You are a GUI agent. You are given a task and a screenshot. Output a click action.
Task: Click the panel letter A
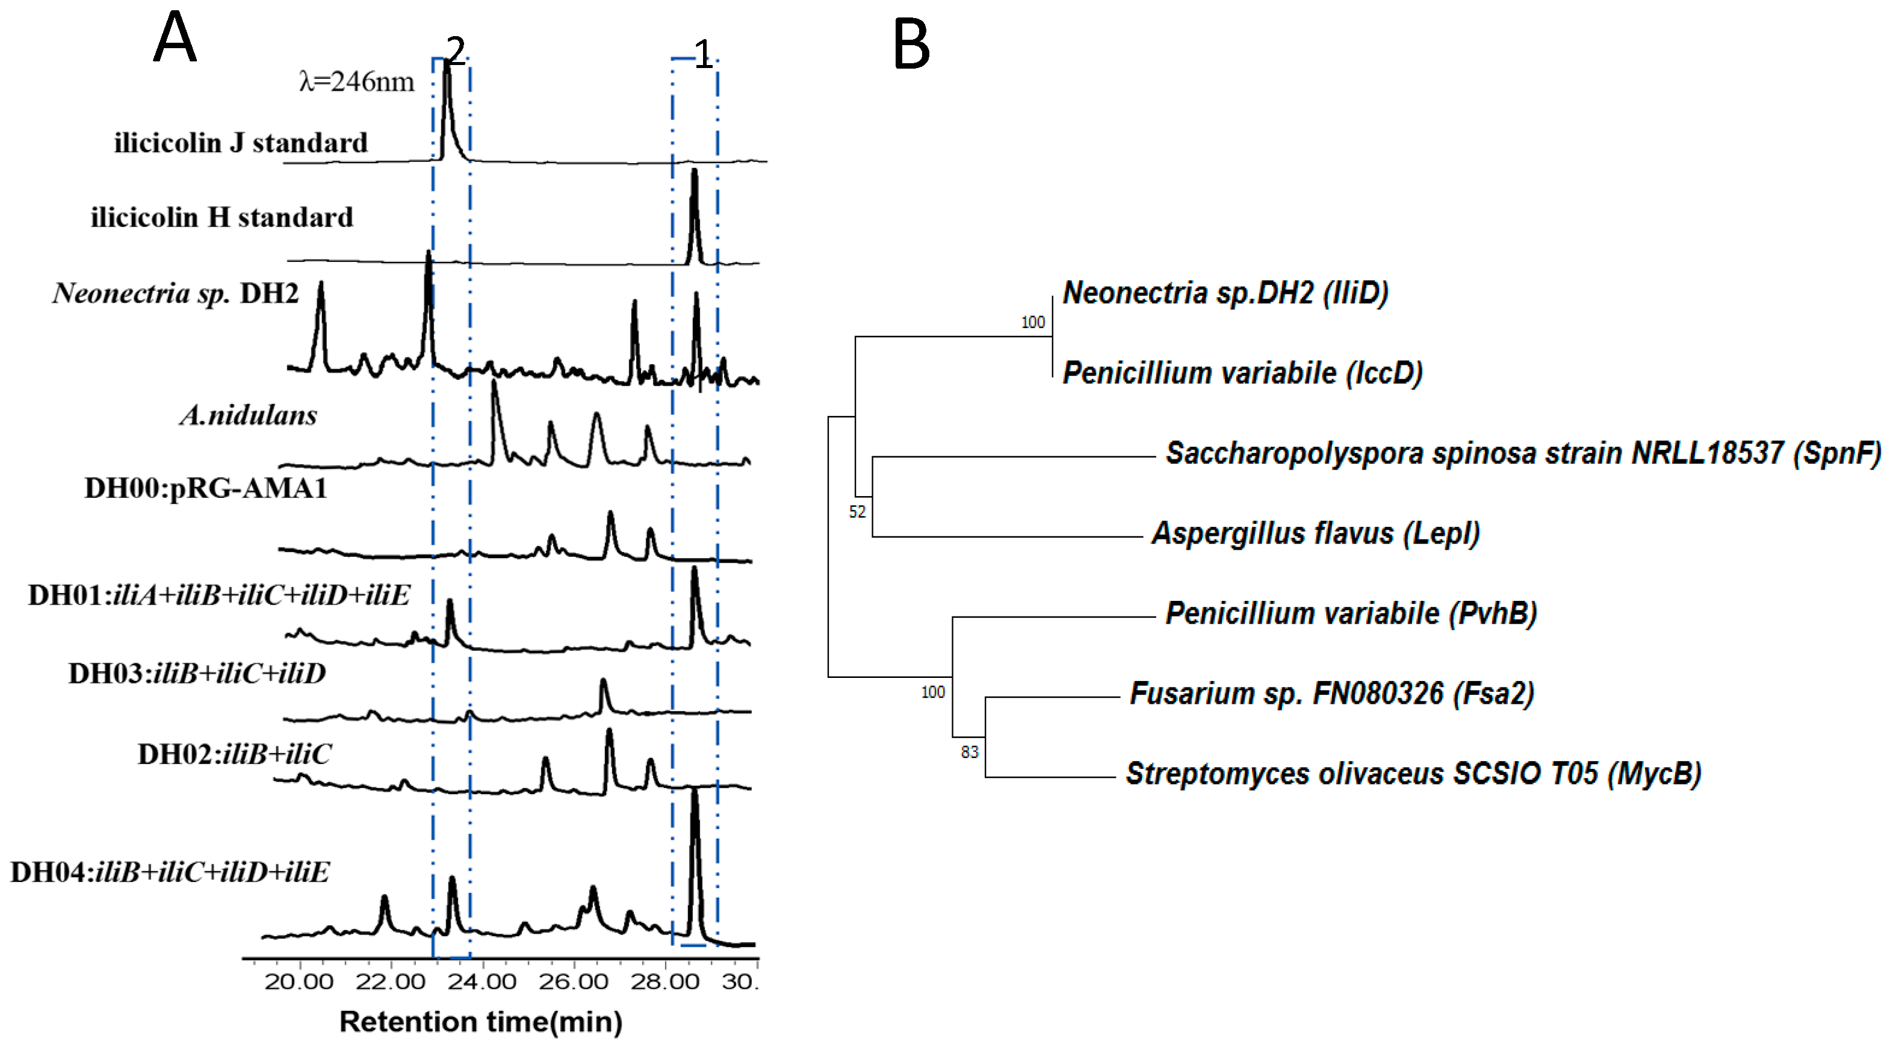point(175,38)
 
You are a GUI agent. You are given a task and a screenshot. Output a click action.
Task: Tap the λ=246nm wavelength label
point(357,81)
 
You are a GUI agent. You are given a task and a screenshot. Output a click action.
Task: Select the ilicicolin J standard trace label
point(240,143)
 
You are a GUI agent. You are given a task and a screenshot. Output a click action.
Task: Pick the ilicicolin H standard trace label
point(222,217)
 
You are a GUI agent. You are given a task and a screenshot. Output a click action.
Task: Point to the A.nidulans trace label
point(249,415)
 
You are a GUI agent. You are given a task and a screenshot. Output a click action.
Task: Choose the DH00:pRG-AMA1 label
point(206,488)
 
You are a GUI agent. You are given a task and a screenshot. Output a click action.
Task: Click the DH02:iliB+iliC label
point(234,754)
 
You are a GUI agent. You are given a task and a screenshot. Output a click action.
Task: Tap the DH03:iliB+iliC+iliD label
point(197,673)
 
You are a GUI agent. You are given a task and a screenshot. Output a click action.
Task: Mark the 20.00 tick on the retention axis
point(299,981)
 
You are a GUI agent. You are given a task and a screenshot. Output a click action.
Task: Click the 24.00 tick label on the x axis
point(482,981)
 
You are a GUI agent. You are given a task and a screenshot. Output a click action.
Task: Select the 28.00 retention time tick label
point(665,981)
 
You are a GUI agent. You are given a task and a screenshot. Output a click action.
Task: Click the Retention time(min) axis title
point(480,1022)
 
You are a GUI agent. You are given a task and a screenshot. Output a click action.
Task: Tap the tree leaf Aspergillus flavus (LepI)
point(1315,533)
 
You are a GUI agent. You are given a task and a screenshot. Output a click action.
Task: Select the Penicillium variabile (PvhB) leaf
point(1351,613)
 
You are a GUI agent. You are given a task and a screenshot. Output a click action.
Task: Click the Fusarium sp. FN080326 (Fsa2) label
point(1331,694)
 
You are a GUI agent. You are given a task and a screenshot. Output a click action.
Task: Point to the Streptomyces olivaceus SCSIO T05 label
point(1413,774)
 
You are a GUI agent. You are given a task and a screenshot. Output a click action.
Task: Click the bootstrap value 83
point(969,752)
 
